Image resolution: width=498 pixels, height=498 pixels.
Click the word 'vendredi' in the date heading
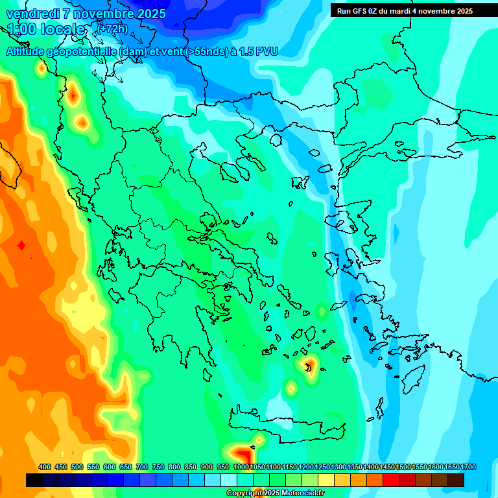pyautogui.click(x=32, y=14)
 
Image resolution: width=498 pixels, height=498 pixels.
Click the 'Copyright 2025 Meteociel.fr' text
pyautogui.click(x=276, y=493)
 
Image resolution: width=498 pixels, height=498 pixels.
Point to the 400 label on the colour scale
pyautogui.click(x=45, y=467)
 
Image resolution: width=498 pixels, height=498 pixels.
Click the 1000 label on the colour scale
pyautogui.click(x=241, y=467)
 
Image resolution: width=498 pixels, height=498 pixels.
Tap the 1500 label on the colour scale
pyautogui.click(x=403, y=467)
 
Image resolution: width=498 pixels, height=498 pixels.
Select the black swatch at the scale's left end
pyautogui.click(x=34, y=480)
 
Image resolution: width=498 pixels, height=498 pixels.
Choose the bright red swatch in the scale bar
pyautogui.click(x=391, y=480)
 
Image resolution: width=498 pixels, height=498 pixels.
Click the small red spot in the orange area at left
pyautogui.click(x=21, y=245)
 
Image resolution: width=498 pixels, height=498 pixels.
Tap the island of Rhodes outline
pyautogui.click(x=412, y=377)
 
